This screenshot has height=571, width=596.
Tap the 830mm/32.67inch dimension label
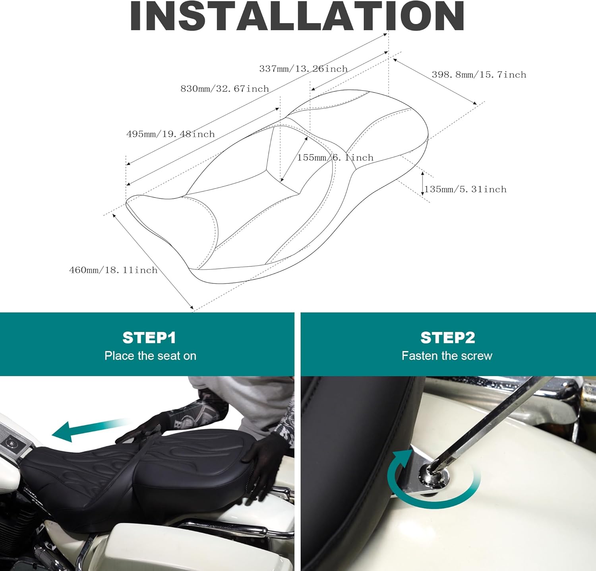(225, 89)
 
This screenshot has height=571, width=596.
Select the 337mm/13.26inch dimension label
(304, 69)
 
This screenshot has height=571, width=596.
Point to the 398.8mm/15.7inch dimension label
(479, 75)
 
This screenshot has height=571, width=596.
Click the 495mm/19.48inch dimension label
(170, 134)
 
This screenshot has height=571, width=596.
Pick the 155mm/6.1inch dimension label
(335, 157)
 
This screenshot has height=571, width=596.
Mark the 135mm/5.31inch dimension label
(465, 189)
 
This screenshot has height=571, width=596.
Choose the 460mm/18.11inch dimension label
(113, 270)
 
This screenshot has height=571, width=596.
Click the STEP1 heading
(149, 338)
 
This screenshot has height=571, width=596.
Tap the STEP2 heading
(447, 338)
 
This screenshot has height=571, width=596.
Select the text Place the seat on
(150, 355)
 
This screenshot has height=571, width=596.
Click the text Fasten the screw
(447, 355)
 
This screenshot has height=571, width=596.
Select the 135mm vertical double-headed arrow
(422, 184)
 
